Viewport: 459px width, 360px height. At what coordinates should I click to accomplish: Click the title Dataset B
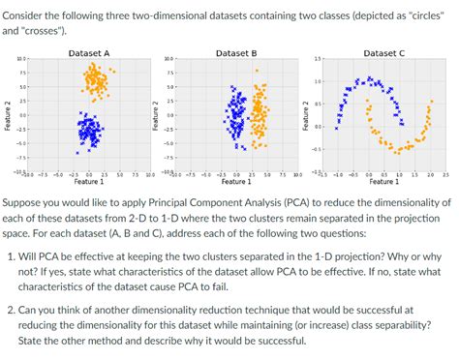click(236, 52)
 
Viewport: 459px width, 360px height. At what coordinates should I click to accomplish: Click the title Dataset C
click(383, 52)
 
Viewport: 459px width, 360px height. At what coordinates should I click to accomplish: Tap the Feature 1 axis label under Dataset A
click(89, 181)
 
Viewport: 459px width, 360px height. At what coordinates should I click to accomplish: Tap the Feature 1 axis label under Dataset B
click(236, 181)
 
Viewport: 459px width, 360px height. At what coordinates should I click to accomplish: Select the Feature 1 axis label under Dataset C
click(383, 181)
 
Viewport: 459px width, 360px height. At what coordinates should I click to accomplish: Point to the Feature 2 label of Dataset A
click(7, 115)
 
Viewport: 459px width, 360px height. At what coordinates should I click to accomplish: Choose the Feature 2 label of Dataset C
click(304, 115)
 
